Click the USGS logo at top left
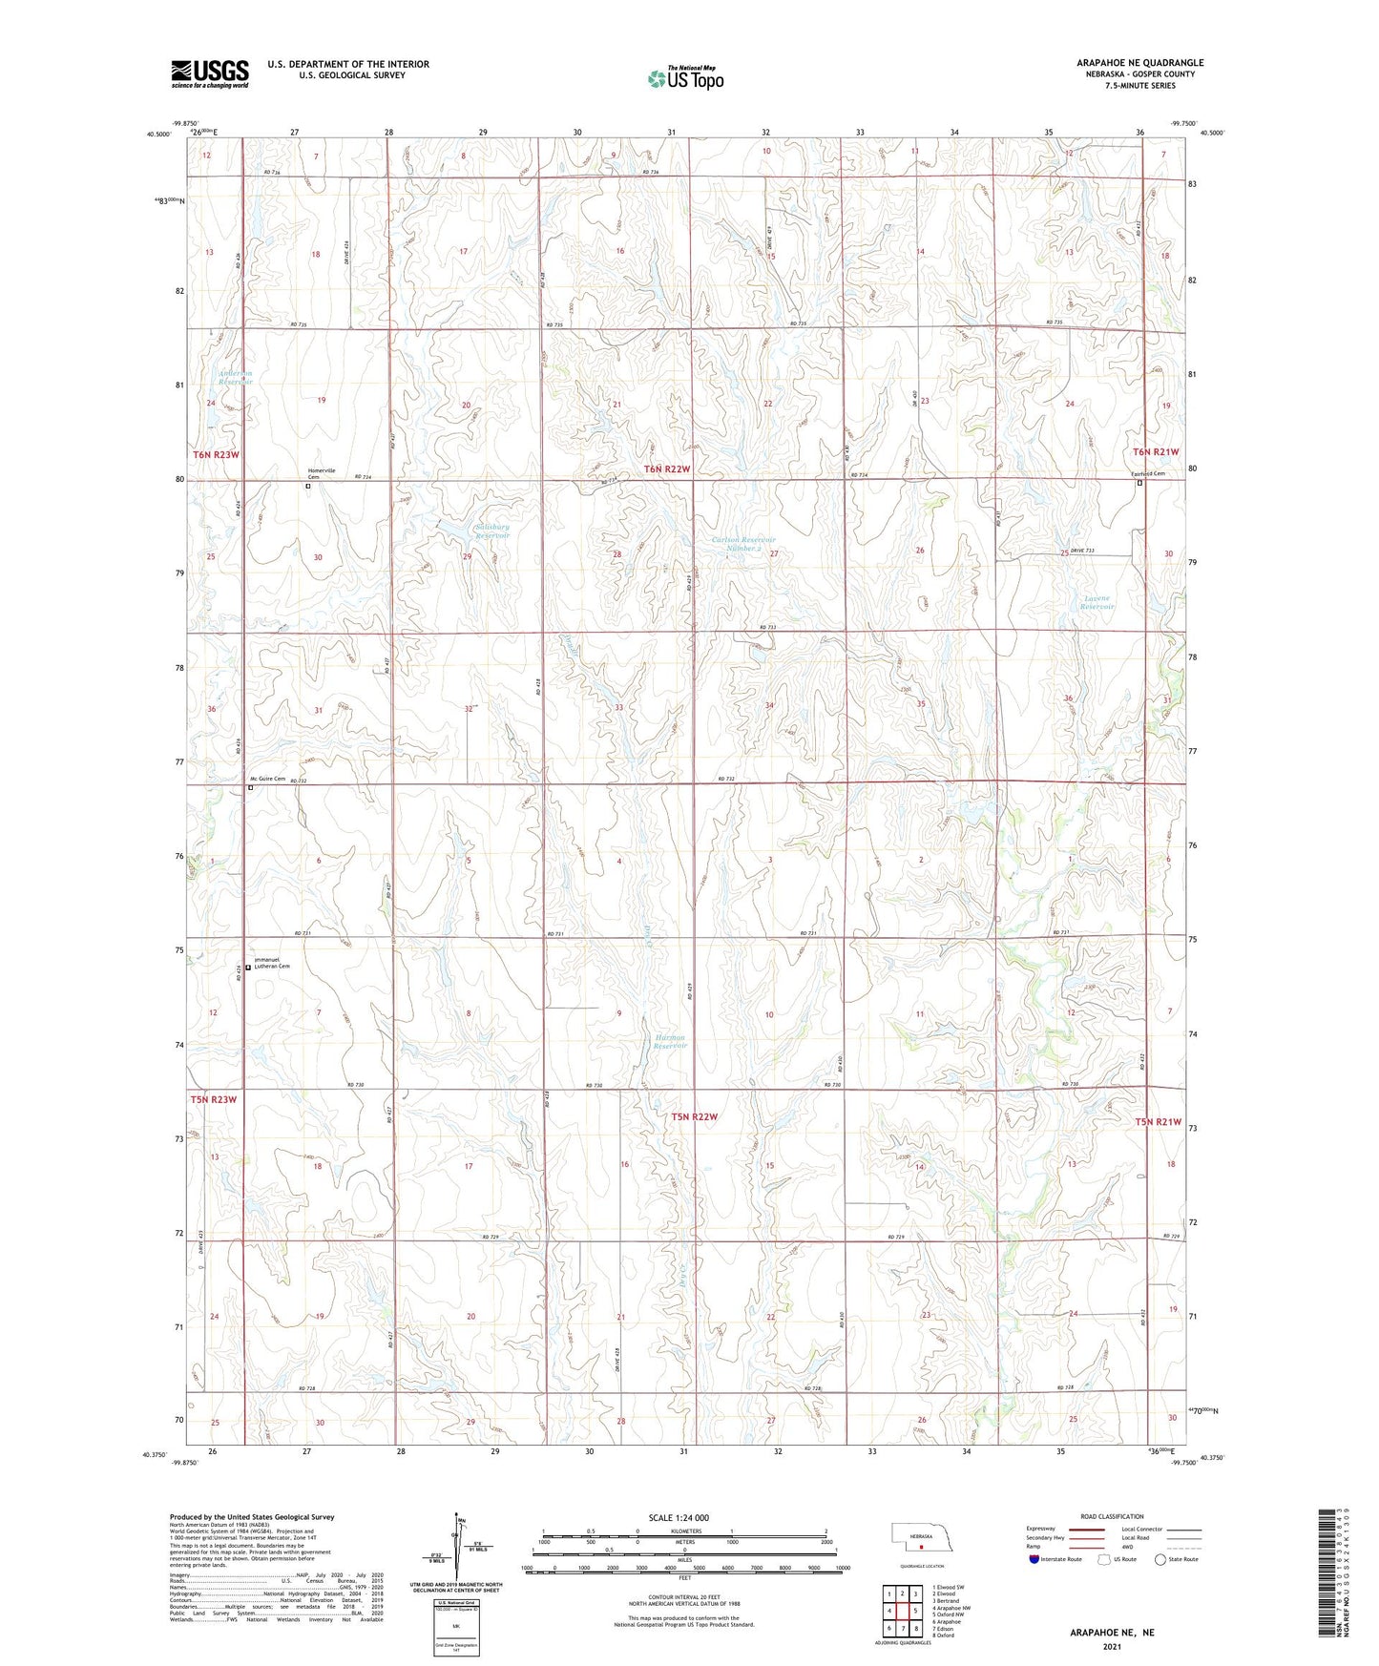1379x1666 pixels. tap(210, 73)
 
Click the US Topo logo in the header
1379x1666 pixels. tap(684, 78)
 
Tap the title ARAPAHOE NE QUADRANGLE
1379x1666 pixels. tap(1139, 63)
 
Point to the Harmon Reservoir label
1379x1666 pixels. tap(670, 1041)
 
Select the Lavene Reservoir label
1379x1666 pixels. tap(1098, 602)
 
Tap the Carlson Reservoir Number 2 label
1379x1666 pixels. tap(743, 544)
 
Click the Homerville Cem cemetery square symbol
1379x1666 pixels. tap(308, 486)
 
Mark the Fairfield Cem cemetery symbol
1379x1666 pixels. tap(1139, 483)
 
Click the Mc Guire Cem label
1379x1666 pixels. tap(261, 779)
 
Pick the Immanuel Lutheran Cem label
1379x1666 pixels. tap(270, 964)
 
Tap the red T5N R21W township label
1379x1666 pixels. tap(1158, 1122)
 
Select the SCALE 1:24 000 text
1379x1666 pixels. tap(679, 1517)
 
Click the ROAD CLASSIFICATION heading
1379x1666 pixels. tap(1112, 1516)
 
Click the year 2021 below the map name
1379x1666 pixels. tap(1112, 1646)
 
